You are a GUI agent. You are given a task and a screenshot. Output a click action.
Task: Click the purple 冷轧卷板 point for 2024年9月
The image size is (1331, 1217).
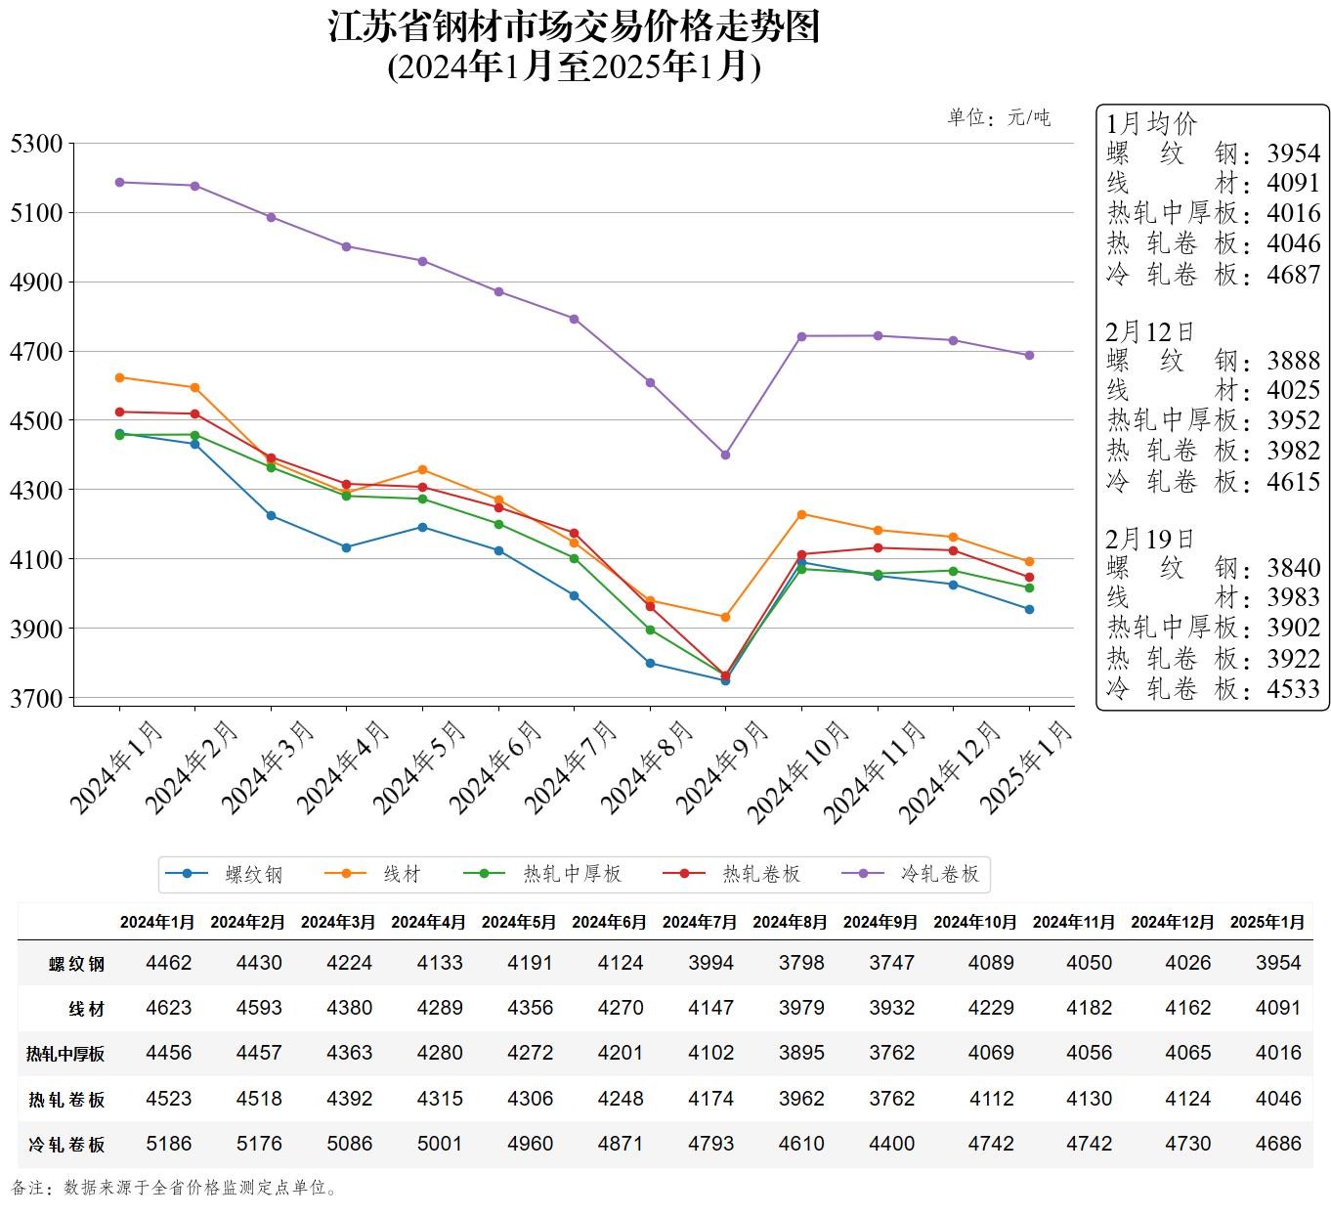tap(725, 455)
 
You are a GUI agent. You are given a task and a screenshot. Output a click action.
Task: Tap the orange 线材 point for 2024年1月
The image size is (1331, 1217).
tap(119, 377)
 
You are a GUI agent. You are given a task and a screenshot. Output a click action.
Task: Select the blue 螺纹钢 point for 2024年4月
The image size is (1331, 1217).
tap(346, 547)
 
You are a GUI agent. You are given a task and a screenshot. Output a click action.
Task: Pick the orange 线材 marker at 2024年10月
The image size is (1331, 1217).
tap(801, 514)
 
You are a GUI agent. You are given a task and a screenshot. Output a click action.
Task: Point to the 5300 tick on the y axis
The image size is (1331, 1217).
tap(36, 144)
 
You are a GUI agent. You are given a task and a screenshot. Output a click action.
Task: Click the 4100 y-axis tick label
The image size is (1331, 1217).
tap(36, 559)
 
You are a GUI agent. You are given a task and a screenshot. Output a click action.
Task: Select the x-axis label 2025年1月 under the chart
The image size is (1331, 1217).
tap(1027, 767)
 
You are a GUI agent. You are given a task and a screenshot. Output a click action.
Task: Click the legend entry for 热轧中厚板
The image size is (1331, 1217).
tap(572, 874)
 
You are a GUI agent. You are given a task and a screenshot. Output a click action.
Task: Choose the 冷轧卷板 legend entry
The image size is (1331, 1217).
tap(939, 874)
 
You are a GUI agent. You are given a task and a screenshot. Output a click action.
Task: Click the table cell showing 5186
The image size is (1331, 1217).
tap(169, 1144)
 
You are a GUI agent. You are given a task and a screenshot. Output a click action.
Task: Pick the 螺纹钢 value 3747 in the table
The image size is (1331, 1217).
tap(892, 963)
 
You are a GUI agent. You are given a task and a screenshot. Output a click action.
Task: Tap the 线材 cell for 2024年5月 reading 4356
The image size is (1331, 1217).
tap(531, 1008)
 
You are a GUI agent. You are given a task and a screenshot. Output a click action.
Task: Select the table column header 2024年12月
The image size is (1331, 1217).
tap(1172, 922)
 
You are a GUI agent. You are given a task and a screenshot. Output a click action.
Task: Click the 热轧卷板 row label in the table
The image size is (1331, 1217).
tap(66, 1100)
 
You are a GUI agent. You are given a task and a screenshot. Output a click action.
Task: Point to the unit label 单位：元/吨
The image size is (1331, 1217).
tap(999, 118)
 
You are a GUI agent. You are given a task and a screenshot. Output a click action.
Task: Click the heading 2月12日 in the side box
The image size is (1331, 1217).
tap(1150, 331)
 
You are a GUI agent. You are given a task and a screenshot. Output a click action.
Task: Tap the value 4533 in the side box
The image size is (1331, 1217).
tap(1293, 689)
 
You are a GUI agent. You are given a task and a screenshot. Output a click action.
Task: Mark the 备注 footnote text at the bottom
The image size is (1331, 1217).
tap(176, 1189)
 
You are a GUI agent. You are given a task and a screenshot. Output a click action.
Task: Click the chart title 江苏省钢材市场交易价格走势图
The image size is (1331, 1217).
tap(574, 27)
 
